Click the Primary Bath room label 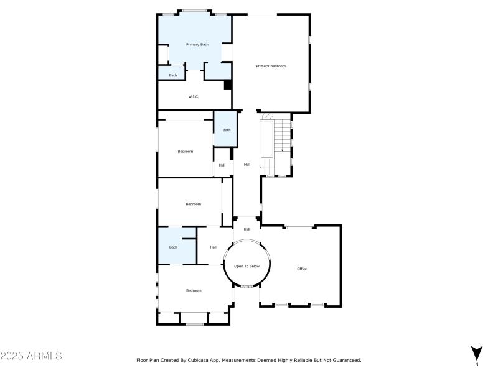tap(197, 44)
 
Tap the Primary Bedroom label tap(271, 65)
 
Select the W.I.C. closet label tap(193, 96)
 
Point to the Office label tap(302, 269)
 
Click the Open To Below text tap(247, 266)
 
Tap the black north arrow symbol tap(477, 352)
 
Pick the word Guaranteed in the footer tap(344, 360)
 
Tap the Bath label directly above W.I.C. tap(172, 75)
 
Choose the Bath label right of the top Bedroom tap(227, 130)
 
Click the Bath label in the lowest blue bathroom tap(172, 247)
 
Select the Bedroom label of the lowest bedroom tap(194, 290)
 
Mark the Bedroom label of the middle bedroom tap(193, 204)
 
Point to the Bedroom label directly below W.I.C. tap(185, 152)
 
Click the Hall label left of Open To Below tap(213, 247)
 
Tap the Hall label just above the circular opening tap(247, 229)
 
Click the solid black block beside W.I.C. tap(228, 85)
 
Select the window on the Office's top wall tap(299, 228)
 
